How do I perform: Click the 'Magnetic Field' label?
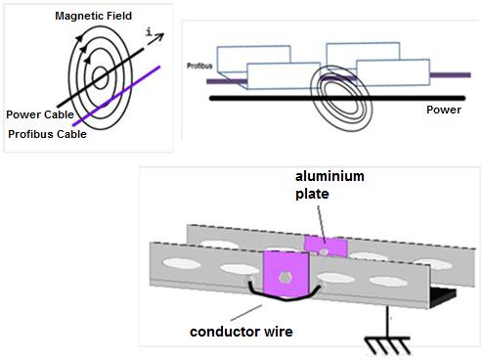(x=93, y=16)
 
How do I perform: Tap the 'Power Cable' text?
(x=40, y=114)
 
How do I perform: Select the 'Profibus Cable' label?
(x=47, y=134)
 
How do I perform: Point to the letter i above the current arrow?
(x=149, y=31)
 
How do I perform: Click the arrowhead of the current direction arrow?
(x=159, y=36)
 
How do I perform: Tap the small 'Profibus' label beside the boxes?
(x=199, y=66)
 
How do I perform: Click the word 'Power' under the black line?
(x=444, y=110)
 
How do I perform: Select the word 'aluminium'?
(x=329, y=176)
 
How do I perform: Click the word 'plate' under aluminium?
(x=312, y=194)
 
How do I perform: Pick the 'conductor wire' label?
(x=241, y=332)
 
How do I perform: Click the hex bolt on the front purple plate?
(x=285, y=278)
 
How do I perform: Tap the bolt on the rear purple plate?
(x=325, y=251)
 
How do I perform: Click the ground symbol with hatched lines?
(x=387, y=345)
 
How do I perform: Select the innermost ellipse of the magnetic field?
(x=100, y=67)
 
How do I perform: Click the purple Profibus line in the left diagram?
(x=116, y=96)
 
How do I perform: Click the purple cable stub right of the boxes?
(x=450, y=75)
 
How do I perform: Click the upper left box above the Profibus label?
(x=253, y=58)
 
